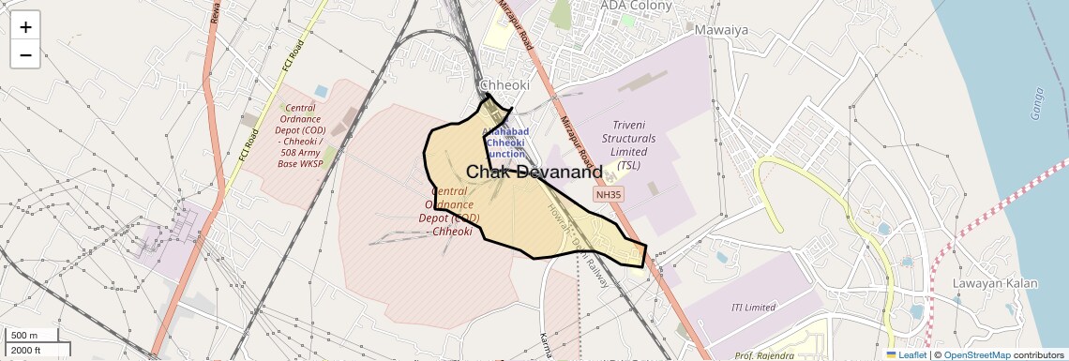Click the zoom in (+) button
point(25,27)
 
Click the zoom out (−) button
point(25,54)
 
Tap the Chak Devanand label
point(534,173)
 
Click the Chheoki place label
point(504,85)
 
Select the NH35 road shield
point(608,195)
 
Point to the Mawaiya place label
point(721,30)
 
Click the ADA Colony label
point(637,6)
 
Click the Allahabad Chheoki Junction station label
point(506,143)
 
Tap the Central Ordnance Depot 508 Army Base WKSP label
point(300,137)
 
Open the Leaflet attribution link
point(906,354)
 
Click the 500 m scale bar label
point(24,336)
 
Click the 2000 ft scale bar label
point(26,350)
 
